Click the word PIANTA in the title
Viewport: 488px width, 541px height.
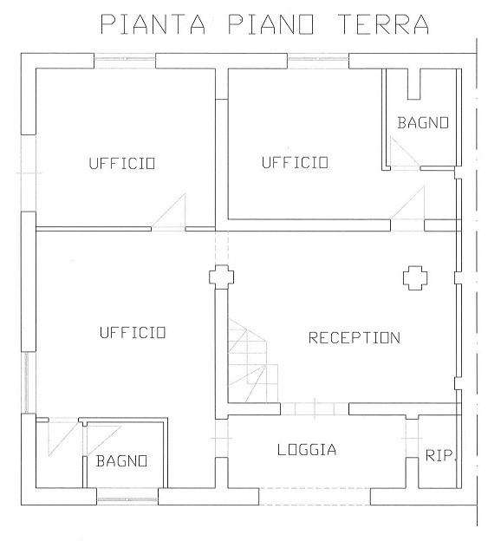coord(153,24)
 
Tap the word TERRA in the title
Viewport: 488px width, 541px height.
coord(383,24)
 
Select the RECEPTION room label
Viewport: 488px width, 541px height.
coord(355,338)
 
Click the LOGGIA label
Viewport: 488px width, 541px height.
coord(307,450)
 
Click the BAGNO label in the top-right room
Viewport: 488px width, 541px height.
coord(423,123)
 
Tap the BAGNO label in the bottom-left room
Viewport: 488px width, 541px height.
coord(121,461)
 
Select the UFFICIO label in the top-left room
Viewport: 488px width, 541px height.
coord(122,163)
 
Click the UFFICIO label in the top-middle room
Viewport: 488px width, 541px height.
coord(295,162)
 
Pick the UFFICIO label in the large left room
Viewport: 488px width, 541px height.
coord(133,333)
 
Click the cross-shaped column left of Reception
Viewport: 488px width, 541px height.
coord(221,277)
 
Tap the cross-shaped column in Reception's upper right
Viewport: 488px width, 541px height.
coord(415,277)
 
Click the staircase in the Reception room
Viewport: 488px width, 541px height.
coord(253,361)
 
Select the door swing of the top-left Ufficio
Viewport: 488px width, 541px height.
coord(168,212)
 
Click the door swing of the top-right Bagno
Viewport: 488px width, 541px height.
coord(405,152)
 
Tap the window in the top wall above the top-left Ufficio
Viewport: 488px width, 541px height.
coord(125,61)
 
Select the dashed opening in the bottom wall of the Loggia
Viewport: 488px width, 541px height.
coord(315,497)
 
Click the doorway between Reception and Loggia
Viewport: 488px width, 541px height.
coord(315,409)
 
